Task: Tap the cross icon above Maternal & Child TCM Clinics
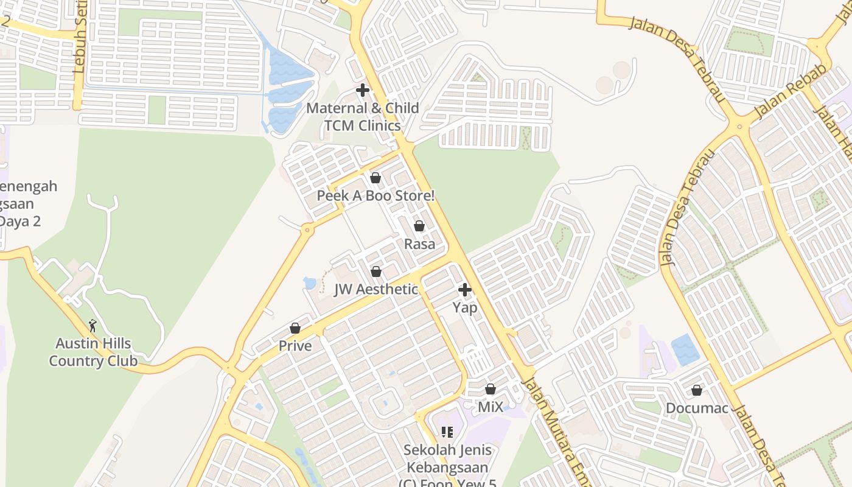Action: coord(363,91)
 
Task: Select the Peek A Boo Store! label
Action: coord(375,196)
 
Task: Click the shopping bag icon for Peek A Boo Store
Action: coord(375,178)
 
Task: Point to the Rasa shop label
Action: coord(419,244)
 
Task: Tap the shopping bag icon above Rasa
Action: coord(419,226)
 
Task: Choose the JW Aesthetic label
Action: coord(375,289)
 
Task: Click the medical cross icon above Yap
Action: coord(465,290)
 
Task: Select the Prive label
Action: coord(295,346)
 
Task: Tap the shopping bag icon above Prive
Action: coord(295,328)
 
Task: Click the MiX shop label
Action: coord(491,407)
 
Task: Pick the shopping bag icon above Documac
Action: coord(697,390)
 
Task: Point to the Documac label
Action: coord(697,408)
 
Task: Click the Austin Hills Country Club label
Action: coord(93,352)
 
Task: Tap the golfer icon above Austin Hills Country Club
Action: coord(93,326)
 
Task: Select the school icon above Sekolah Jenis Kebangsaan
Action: coord(447,432)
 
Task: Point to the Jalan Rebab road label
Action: coord(790,91)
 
